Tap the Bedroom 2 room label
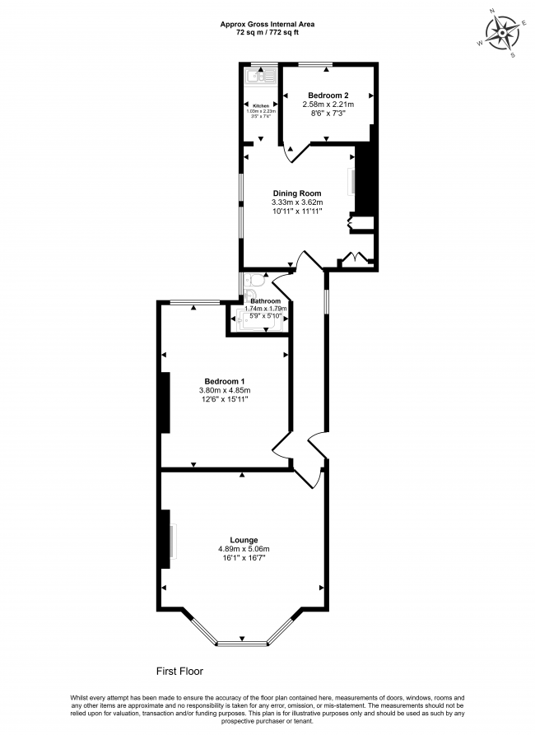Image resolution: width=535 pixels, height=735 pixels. click(328, 95)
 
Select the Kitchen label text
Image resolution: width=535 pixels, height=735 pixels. click(261, 106)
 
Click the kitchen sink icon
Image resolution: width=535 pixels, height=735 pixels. click(259, 77)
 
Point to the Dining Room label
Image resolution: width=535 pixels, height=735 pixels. click(297, 193)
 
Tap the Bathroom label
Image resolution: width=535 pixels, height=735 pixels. click(265, 301)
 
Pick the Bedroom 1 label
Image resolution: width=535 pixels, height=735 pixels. click(225, 380)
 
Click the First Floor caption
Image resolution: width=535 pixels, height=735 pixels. click(179, 671)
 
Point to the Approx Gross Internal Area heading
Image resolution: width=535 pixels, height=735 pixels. click(267, 24)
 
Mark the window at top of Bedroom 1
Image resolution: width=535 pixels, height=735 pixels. click(195, 302)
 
